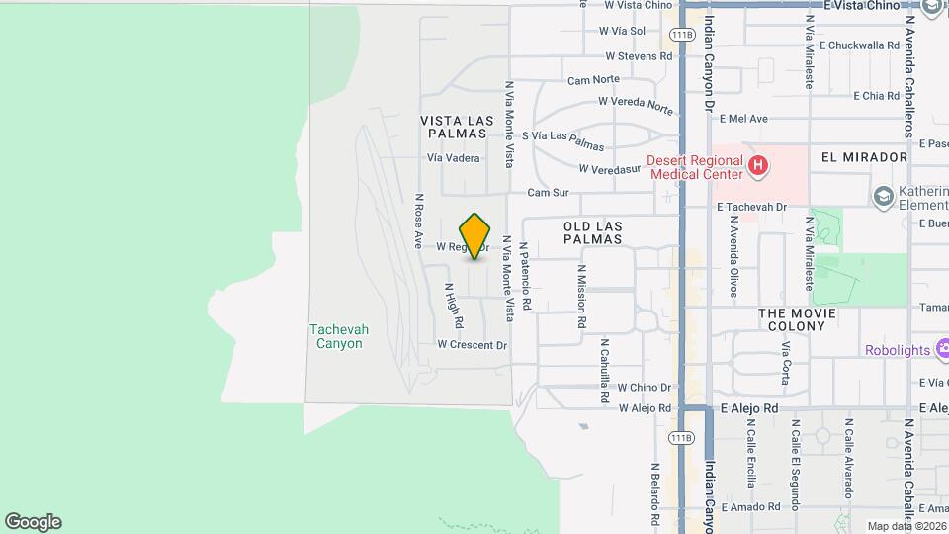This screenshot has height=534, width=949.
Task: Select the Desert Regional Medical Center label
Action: point(694,166)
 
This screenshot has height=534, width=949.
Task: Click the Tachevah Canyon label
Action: point(336,337)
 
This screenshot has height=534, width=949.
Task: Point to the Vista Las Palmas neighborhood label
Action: point(455,126)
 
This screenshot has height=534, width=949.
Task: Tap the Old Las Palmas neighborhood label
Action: point(593,232)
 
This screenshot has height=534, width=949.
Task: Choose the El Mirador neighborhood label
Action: point(864,157)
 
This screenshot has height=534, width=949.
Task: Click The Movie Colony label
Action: point(797,319)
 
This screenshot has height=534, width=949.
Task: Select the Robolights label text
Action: point(898,350)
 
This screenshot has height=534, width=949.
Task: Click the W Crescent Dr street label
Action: point(473,345)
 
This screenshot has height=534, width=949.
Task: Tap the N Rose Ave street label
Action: point(419,220)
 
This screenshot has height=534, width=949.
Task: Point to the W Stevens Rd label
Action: point(636,56)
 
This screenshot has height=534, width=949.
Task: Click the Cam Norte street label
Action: point(593,79)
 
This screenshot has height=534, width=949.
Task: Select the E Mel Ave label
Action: point(743,119)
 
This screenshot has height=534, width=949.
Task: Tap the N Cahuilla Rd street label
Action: point(603,371)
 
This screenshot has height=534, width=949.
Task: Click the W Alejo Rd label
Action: point(646,408)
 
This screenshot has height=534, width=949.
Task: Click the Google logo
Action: point(33,522)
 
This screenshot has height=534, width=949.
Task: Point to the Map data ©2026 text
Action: point(906,526)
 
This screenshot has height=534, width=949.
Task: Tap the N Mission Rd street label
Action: point(582,296)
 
